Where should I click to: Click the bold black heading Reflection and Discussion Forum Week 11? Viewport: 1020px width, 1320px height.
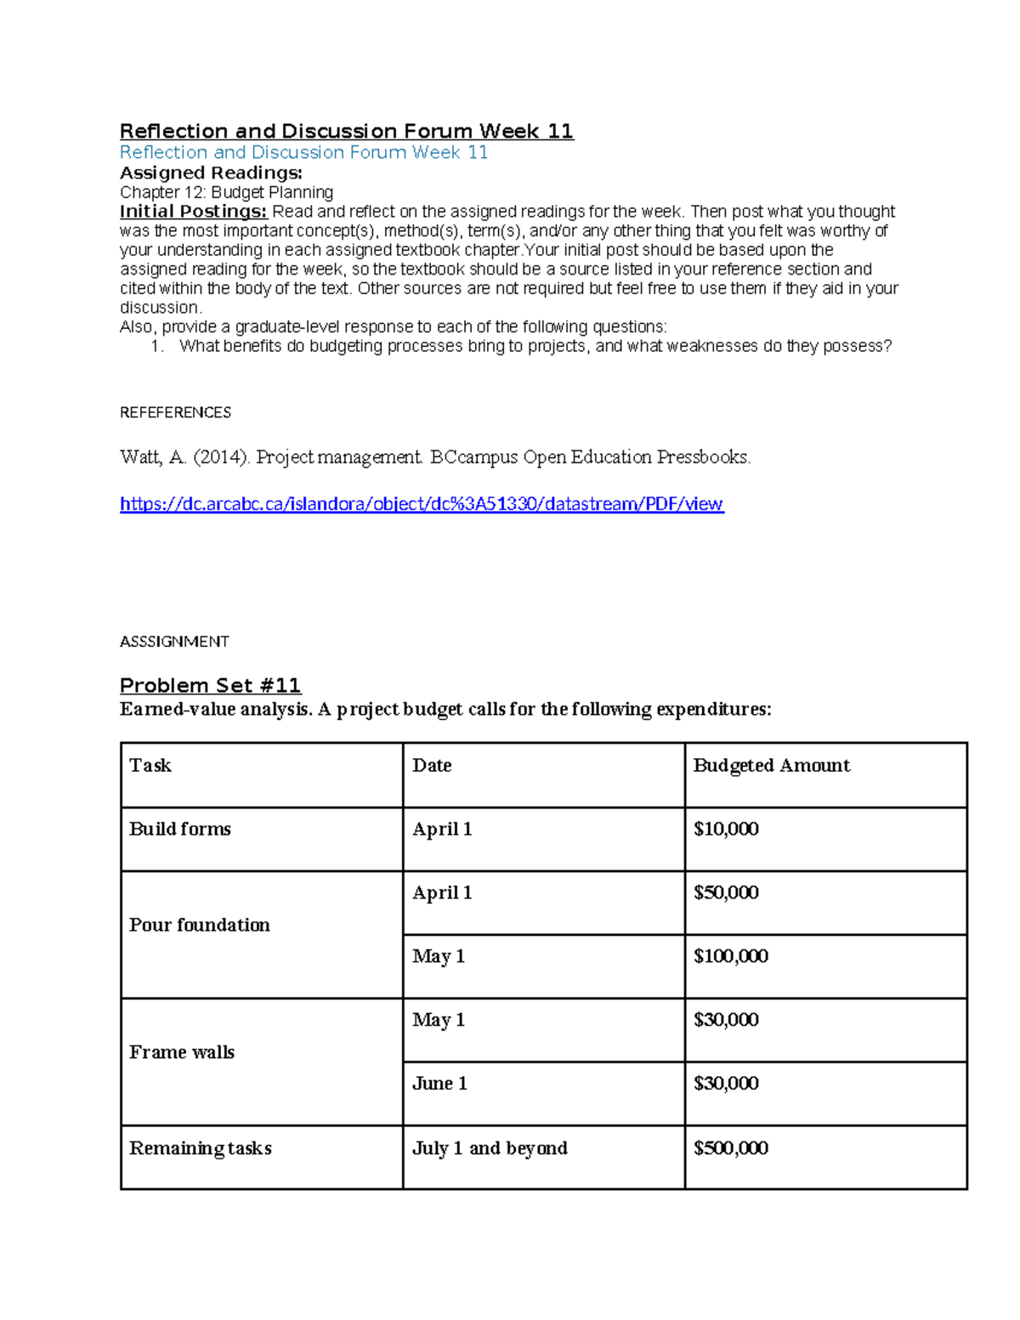(346, 131)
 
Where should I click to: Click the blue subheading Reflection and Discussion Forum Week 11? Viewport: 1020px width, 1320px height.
(303, 152)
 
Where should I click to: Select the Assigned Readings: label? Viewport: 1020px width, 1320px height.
(211, 173)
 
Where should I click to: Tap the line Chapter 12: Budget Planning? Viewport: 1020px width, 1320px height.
(226, 192)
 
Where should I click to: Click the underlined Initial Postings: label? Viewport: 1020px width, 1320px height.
(193, 212)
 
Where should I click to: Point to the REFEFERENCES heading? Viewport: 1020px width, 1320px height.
(175, 412)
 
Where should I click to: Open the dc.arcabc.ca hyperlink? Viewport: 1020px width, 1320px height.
(422, 504)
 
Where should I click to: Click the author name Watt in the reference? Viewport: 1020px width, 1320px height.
(140, 457)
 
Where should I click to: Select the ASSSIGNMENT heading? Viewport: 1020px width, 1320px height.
(174, 642)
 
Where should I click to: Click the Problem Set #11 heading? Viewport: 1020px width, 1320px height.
(210, 685)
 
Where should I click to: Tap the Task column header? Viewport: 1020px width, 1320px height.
(150, 765)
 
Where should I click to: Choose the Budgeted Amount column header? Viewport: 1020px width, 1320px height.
(771, 765)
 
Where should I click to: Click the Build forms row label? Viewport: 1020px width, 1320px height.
(180, 829)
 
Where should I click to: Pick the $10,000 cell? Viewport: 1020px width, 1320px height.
(726, 829)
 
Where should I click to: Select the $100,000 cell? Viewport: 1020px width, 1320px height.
(730, 956)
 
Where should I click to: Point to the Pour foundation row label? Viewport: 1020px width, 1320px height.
(200, 925)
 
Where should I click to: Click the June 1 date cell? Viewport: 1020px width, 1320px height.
(439, 1084)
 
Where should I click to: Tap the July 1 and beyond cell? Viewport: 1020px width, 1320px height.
(490, 1148)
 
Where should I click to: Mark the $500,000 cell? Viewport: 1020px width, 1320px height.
(730, 1148)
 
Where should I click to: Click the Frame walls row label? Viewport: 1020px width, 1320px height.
(182, 1052)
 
